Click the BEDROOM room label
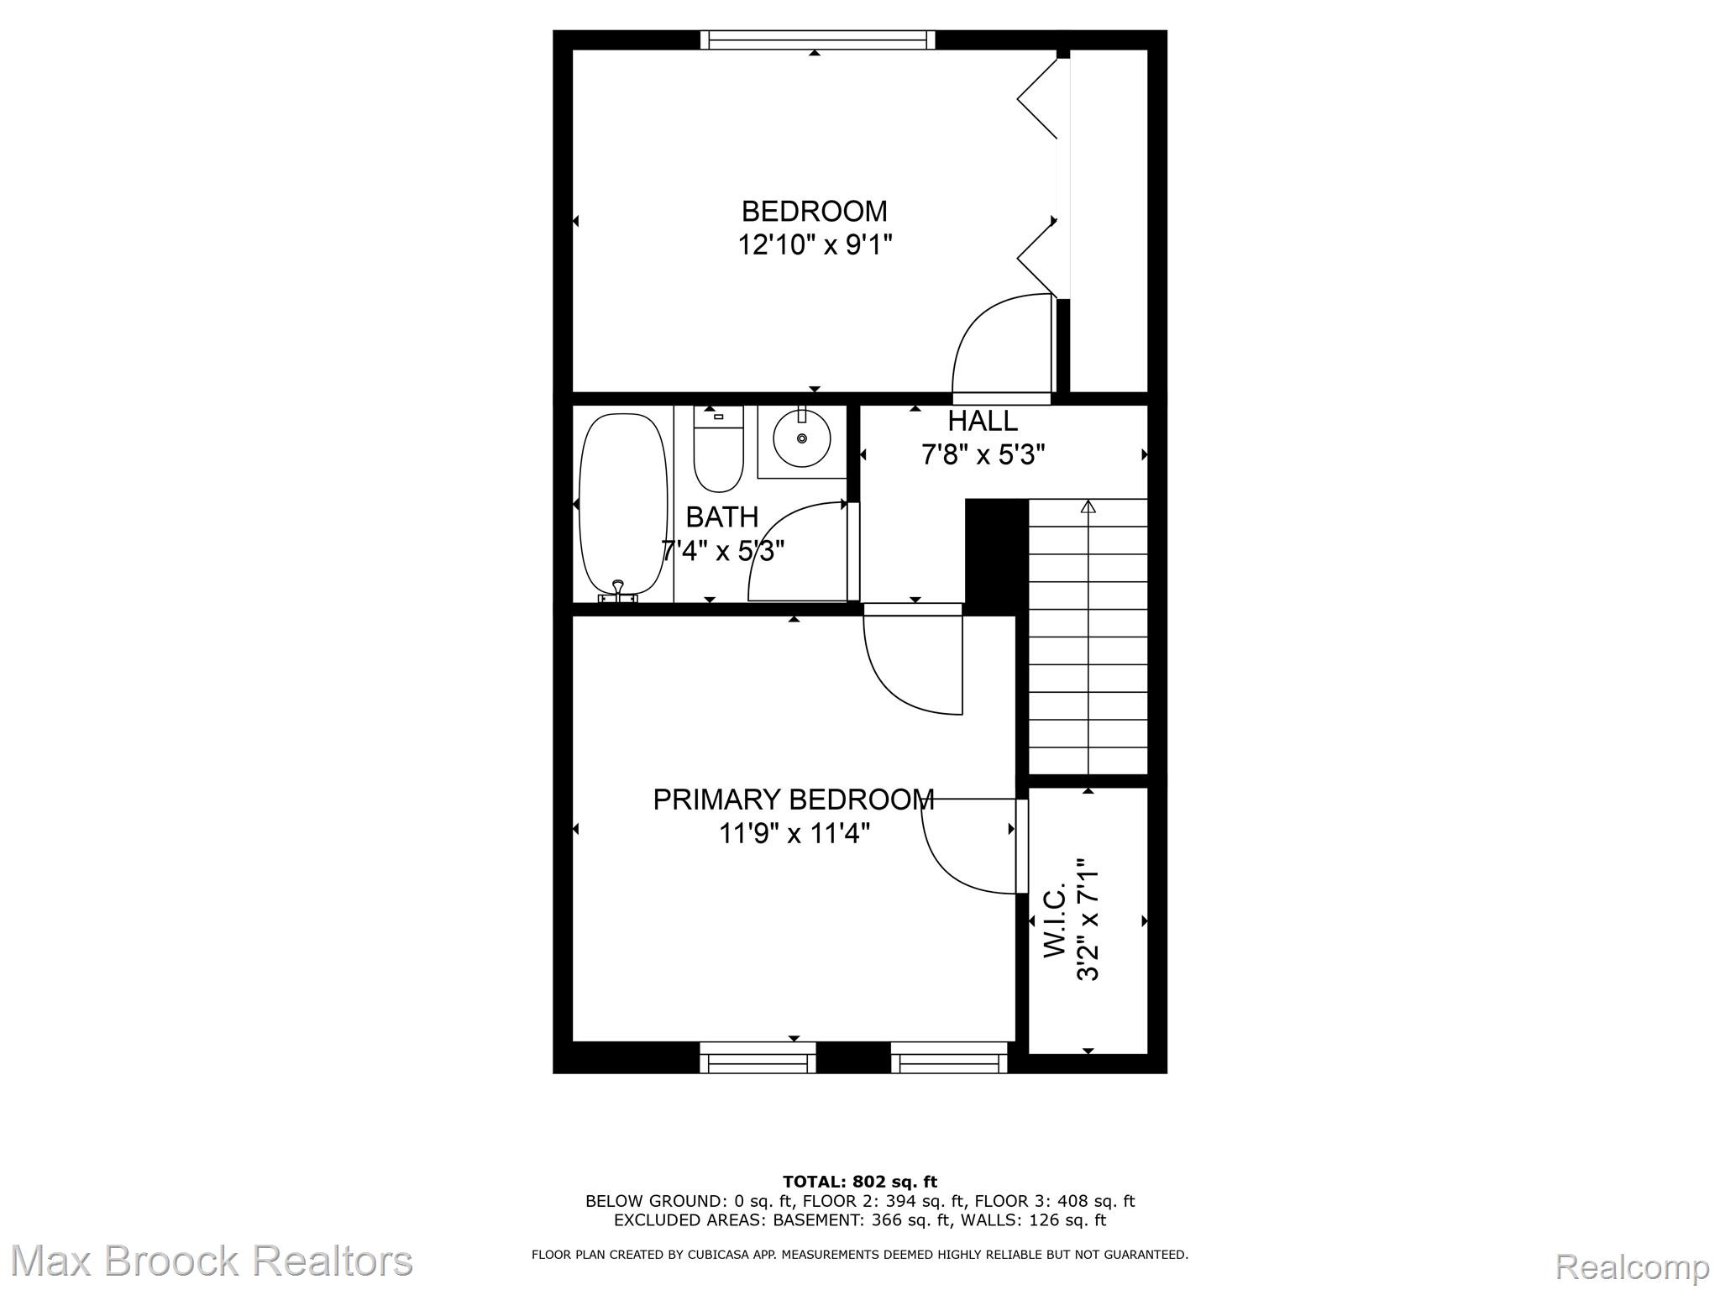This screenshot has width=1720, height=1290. click(814, 211)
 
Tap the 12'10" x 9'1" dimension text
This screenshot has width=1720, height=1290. click(814, 245)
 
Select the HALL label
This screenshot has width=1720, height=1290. click(983, 421)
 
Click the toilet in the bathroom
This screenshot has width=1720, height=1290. click(718, 454)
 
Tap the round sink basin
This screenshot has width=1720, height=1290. click(802, 438)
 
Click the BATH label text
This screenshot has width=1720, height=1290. click(721, 517)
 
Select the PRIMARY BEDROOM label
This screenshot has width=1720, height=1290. click(793, 799)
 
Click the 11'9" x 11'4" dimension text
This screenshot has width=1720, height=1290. click(794, 834)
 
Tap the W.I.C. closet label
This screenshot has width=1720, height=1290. click(1055, 920)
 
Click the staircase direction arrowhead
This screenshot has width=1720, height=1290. click(1088, 506)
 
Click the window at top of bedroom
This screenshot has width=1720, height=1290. click(817, 39)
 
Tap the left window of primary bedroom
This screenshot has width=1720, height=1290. click(758, 1057)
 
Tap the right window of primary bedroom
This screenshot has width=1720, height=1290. click(949, 1057)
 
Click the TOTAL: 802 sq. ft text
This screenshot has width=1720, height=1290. click(859, 1182)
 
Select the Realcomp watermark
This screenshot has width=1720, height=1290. click(1631, 1266)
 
